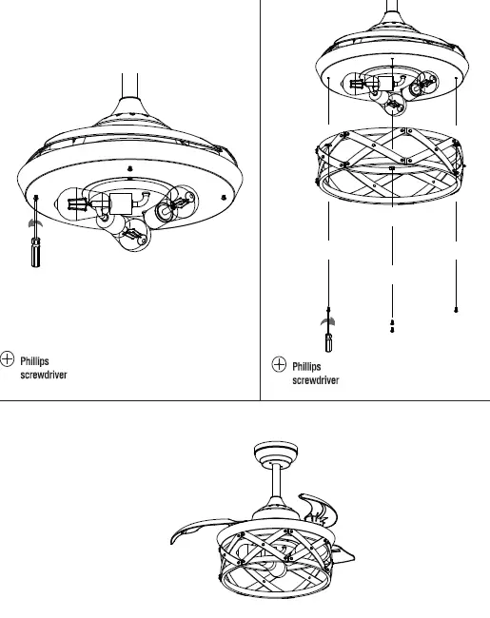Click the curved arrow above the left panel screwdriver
coord(35,222)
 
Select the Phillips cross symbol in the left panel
coord(9,358)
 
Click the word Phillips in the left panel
coord(35,360)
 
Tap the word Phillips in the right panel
coord(307,366)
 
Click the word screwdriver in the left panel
coord(44,375)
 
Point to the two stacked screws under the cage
coord(393,326)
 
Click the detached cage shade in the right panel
coord(392,166)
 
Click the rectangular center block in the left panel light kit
coord(122,203)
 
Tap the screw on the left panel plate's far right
coord(224,196)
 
